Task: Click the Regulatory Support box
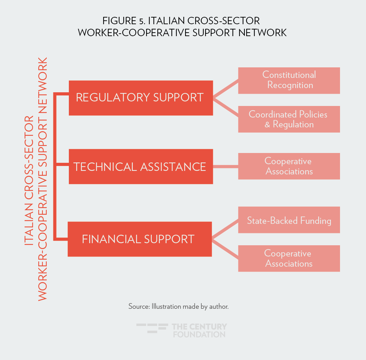(140, 98)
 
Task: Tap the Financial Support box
(139, 239)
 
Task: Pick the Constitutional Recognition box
(289, 80)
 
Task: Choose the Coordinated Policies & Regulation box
(289, 119)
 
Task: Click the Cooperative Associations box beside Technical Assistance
(289, 166)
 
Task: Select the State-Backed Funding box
(289, 220)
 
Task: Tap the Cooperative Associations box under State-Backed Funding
(289, 258)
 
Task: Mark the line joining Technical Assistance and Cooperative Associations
(226, 166)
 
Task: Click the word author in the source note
(219, 306)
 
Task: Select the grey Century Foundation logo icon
(152, 328)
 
